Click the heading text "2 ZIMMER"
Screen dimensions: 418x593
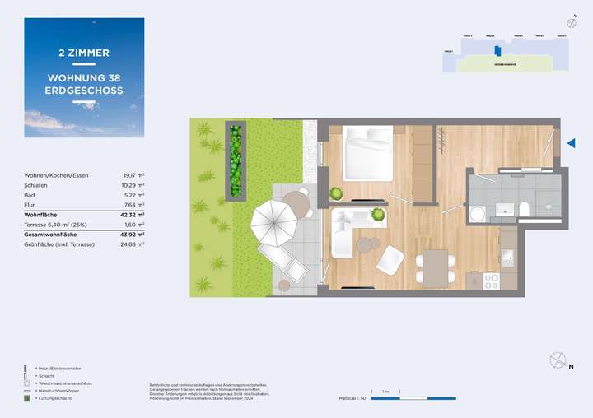[x=84, y=53]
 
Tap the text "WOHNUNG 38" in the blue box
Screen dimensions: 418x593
[x=84, y=78]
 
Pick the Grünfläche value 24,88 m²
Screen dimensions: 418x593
[x=133, y=244]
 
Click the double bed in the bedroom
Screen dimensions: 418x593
[x=369, y=152]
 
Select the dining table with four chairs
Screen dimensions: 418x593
[x=434, y=268]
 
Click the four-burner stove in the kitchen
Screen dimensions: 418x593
[x=491, y=280]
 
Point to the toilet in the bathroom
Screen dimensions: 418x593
[x=525, y=211]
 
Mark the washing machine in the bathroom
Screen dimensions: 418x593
[x=477, y=213]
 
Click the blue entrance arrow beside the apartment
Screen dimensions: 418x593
[x=571, y=143]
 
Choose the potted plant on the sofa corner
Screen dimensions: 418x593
[x=378, y=215]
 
